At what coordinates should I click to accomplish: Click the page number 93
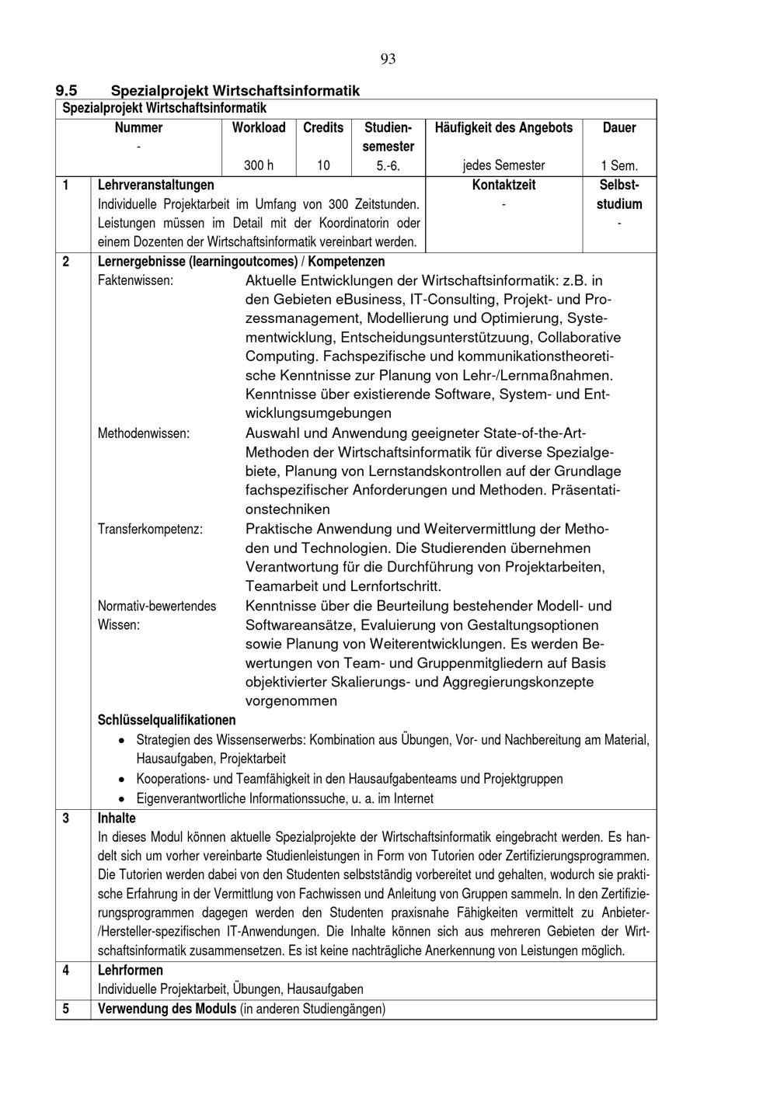(x=388, y=59)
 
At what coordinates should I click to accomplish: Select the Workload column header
(x=259, y=127)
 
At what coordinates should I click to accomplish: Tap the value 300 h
(x=259, y=165)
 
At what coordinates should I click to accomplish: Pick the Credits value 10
(x=323, y=165)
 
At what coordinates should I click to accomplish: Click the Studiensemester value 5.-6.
(x=388, y=165)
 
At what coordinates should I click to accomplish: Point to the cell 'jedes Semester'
(x=503, y=165)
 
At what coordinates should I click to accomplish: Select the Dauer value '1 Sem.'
(x=618, y=165)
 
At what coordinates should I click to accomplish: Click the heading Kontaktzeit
(x=503, y=185)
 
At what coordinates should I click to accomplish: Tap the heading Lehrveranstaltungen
(x=155, y=185)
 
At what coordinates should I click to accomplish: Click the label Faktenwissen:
(x=135, y=280)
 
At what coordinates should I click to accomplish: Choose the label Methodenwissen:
(x=143, y=433)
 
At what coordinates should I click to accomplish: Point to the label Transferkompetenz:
(x=150, y=529)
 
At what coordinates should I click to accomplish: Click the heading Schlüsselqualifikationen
(x=166, y=720)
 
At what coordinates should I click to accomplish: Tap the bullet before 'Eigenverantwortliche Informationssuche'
(x=122, y=798)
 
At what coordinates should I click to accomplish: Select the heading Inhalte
(x=117, y=818)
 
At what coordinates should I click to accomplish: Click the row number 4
(x=65, y=970)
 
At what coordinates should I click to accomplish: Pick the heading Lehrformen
(x=130, y=970)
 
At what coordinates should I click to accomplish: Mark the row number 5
(x=65, y=1009)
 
